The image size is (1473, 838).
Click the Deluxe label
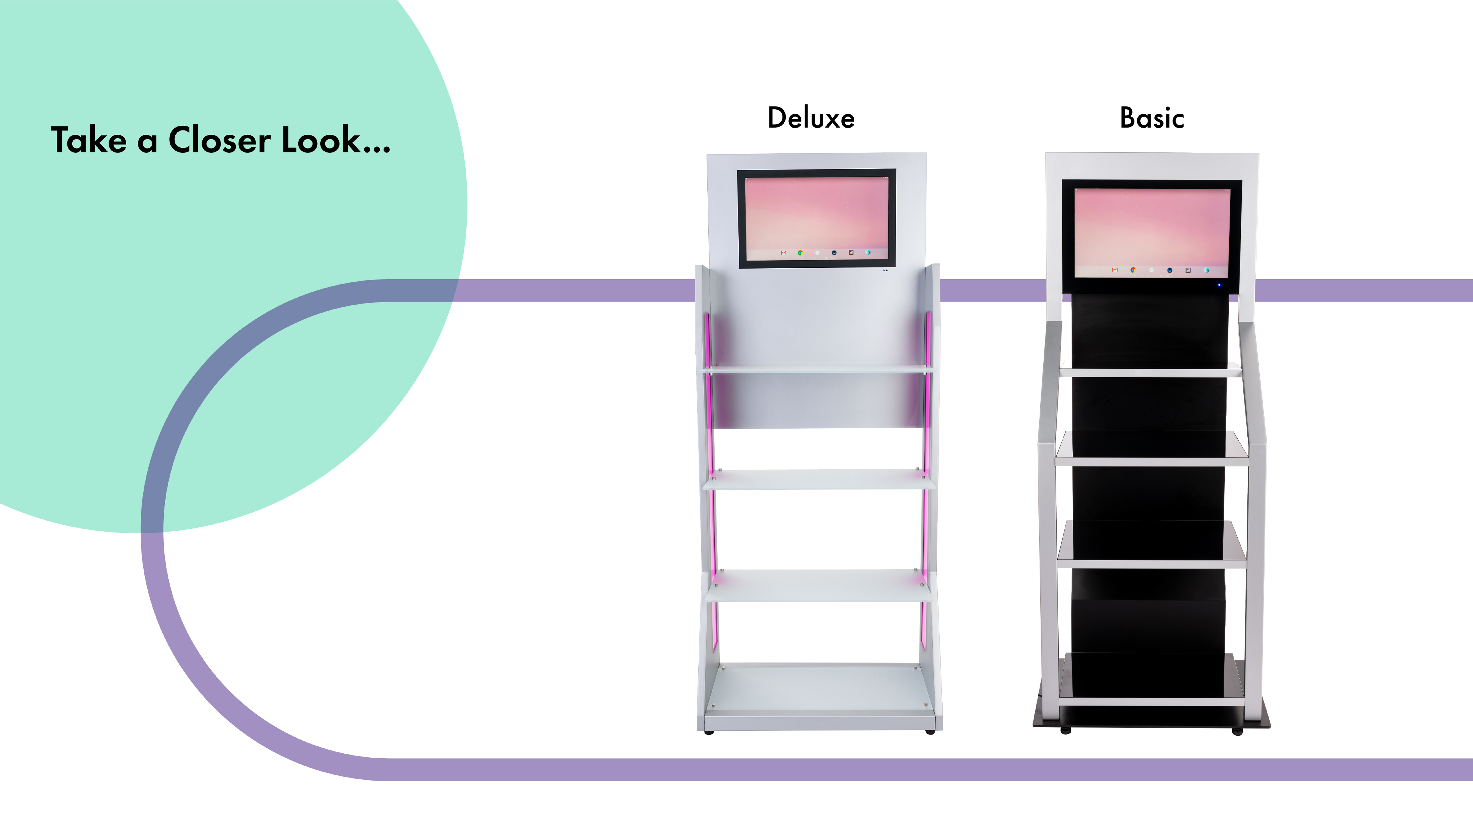(x=811, y=118)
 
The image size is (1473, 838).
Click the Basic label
(x=1152, y=118)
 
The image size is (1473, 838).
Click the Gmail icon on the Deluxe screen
(x=783, y=253)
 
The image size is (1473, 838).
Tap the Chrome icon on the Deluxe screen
(x=800, y=253)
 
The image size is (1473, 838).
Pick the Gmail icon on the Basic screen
(x=1115, y=270)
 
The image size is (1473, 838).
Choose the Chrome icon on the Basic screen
(x=1133, y=270)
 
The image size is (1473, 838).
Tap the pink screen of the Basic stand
(x=1152, y=232)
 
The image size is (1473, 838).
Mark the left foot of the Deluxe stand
(x=708, y=732)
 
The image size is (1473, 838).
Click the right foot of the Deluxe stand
(x=929, y=732)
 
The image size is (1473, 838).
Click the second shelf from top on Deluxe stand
(x=819, y=479)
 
